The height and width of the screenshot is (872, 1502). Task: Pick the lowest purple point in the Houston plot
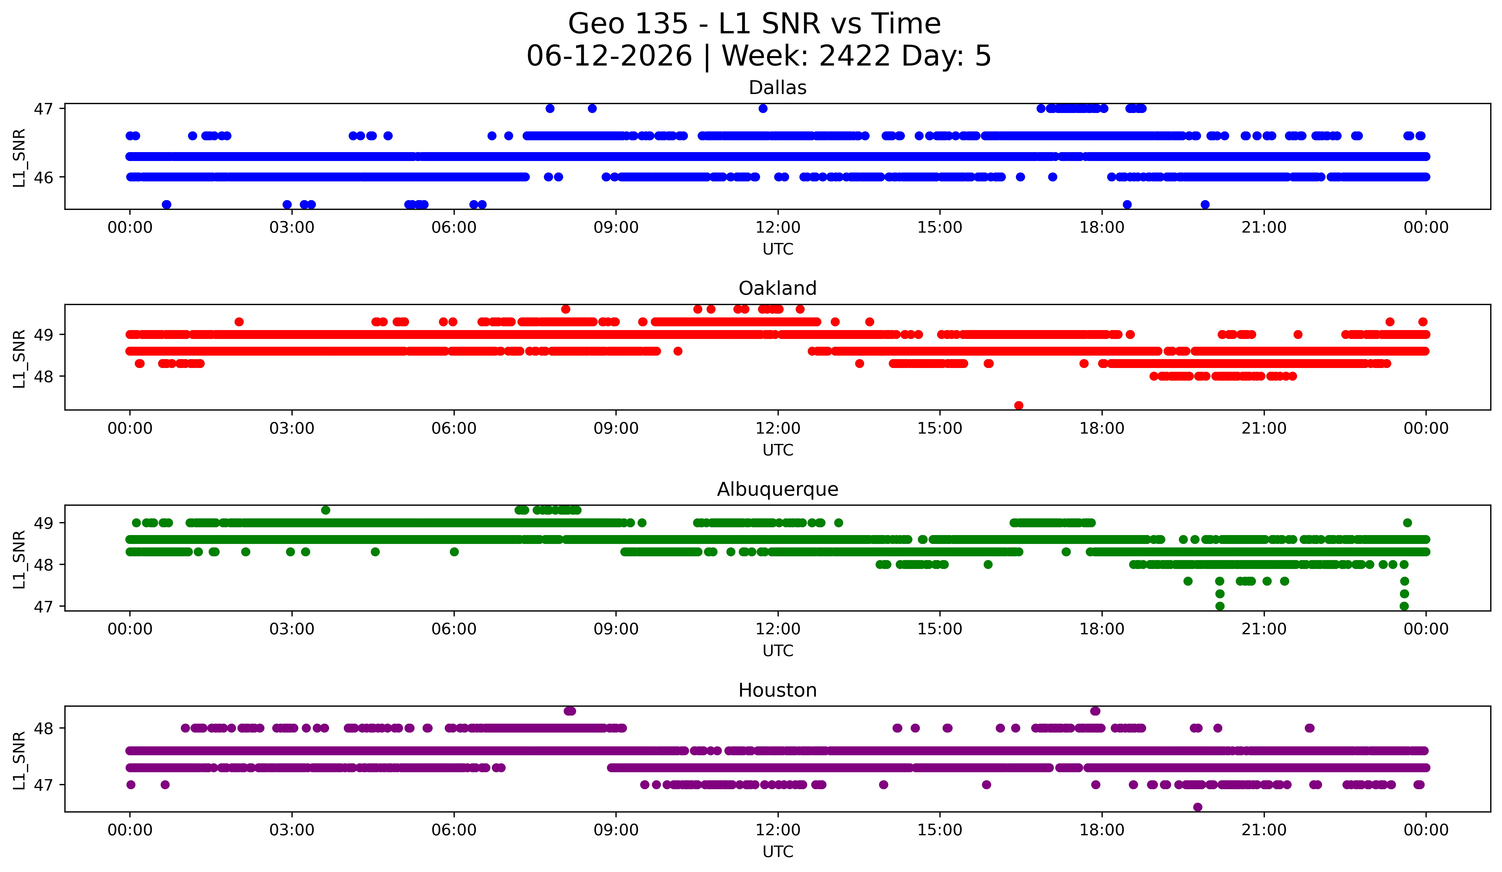click(1197, 807)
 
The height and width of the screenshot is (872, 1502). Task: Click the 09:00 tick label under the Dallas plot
click(616, 228)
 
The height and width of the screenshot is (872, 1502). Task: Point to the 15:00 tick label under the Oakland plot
click(940, 429)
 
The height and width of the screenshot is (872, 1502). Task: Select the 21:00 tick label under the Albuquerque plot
click(1264, 629)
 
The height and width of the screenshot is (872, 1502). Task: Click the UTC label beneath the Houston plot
click(778, 852)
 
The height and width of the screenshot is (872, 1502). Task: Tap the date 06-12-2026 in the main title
click(609, 56)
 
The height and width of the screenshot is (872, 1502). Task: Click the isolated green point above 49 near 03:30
click(325, 510)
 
